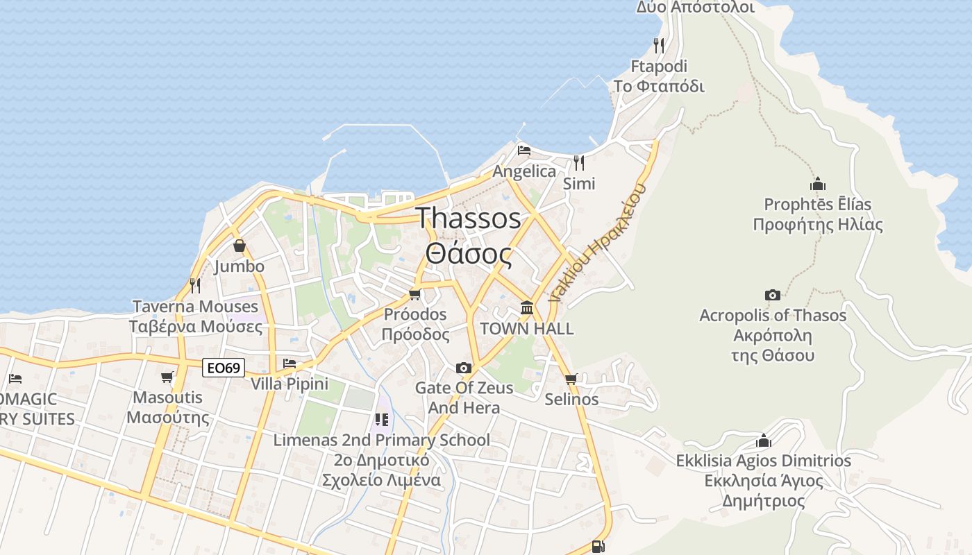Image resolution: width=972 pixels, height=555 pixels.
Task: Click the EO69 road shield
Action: tap(224, 368)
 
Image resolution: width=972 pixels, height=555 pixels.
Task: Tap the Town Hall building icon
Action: tap(527, 307)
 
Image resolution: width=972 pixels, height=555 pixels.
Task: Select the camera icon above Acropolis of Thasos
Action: tap(772, 295)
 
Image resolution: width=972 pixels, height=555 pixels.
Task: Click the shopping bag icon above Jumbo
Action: tap(240, 246)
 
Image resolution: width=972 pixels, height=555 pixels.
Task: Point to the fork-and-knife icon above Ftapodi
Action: tap(659, 46)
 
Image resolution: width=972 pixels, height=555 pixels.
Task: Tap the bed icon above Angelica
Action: tap(524, 150)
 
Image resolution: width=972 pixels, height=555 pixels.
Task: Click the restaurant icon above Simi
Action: tap(578, 162)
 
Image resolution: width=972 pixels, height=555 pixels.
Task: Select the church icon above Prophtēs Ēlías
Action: tap(818, 184)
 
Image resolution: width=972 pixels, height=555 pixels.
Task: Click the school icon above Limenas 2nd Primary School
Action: tap(381, 419)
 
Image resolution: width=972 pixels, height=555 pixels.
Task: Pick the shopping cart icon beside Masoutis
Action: tap(167, 377)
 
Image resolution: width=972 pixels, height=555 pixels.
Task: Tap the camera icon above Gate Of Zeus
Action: tap(463, 367)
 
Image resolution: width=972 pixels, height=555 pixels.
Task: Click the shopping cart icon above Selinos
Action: tap(571, 379)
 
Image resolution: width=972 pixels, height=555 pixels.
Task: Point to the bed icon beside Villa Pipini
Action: tap(290, 363)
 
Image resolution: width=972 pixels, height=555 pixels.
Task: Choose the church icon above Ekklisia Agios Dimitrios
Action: tap(764, 441)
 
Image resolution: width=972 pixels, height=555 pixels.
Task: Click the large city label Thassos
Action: tap(469, 218)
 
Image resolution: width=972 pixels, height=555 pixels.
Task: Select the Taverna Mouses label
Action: tap(195, 306)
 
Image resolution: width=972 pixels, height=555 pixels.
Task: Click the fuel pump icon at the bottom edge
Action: tap(598, 546)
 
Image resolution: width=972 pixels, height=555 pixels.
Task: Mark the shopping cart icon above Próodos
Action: tap(415, 294)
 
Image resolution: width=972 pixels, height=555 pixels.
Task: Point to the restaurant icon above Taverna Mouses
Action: tap(195, 285)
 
